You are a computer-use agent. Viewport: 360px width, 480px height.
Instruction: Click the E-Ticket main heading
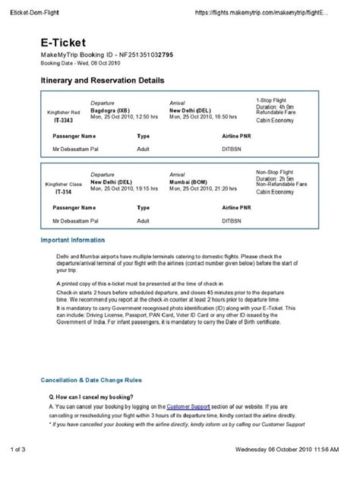[x=64, y=44]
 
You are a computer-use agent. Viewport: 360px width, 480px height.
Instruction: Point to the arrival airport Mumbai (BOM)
[x=191, y=182]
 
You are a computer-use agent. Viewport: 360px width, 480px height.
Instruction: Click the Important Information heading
[x=73, y=240]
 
